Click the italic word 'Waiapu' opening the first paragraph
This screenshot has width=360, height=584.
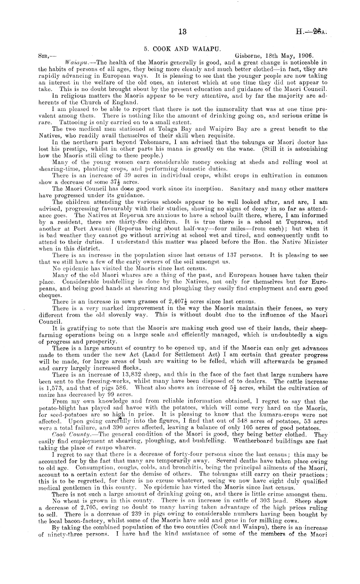75,62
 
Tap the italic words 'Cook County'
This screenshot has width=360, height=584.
68,434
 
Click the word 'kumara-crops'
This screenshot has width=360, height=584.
262,415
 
